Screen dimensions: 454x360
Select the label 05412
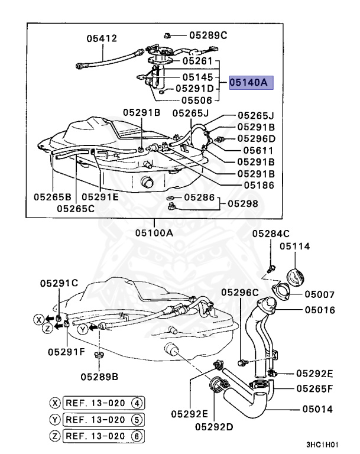click(102, 38)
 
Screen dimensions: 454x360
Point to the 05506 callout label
click(197, 100)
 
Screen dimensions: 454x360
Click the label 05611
click(255, 150)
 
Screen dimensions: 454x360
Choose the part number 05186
click(255, 185)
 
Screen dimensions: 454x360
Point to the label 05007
click(320, 294)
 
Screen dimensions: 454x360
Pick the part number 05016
click(320, 309)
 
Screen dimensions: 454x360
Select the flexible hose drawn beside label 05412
click(106, 59)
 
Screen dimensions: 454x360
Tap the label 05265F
click(315, 388)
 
